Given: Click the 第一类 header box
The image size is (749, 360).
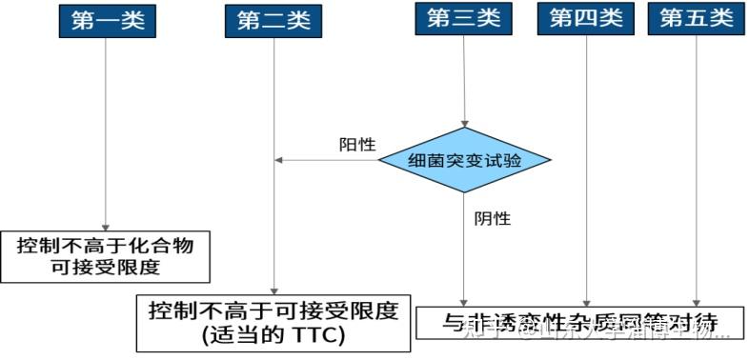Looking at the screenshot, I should coord(107,20).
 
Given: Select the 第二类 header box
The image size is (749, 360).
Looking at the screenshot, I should coord(274,20).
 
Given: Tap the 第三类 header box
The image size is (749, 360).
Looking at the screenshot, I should coord(464,18).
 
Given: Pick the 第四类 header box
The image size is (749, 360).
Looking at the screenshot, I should coord(587,18).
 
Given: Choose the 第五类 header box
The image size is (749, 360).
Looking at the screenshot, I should coord(697,18).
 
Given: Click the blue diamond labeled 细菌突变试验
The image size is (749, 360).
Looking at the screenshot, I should coord(464,160).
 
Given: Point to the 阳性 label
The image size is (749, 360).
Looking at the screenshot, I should coord(357,146).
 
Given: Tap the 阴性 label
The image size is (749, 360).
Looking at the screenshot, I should coord(493,218).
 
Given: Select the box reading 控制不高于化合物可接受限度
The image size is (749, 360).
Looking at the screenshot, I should coord(105,256).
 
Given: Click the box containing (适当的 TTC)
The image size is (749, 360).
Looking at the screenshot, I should coord(273,323).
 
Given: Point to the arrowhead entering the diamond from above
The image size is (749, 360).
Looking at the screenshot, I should coord(464,123).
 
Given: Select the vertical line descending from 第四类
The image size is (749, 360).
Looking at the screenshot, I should coord(587,171).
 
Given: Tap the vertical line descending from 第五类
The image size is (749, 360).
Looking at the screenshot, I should coord(697,171).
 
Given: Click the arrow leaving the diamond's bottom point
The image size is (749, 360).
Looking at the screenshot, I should coord(464,248).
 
